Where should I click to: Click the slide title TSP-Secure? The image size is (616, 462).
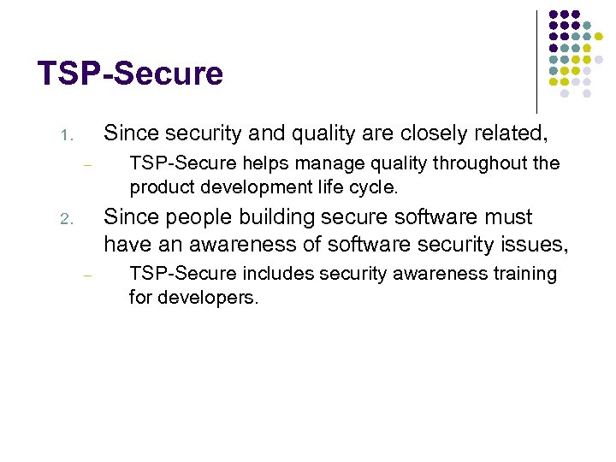[x=130, y=74]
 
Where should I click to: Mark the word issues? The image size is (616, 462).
[x=531, y=246]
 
